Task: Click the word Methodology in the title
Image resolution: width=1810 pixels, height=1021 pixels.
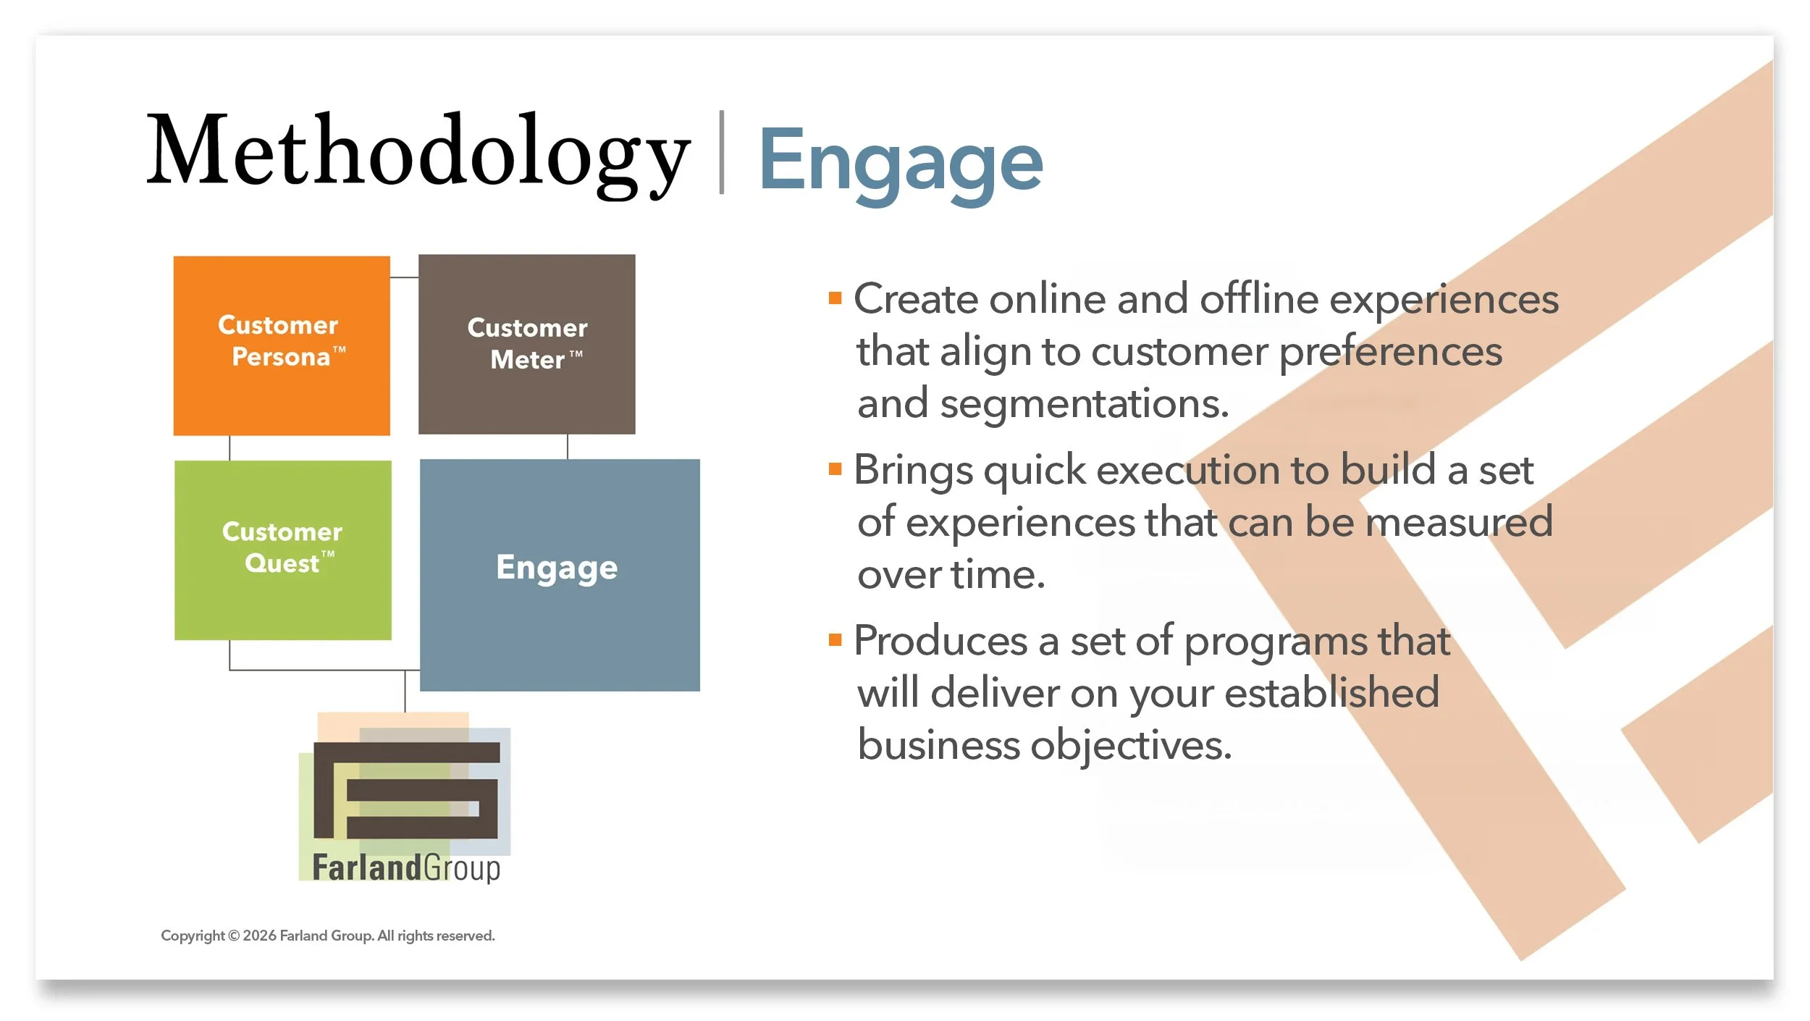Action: tap(418, 156)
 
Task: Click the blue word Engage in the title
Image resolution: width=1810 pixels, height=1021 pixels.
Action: tap(901, 165)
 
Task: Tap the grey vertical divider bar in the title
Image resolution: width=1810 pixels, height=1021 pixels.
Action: tap(721, 152)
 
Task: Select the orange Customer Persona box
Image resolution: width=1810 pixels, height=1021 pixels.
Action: tap(282, 345)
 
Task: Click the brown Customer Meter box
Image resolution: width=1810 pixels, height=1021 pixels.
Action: tap(527, 344)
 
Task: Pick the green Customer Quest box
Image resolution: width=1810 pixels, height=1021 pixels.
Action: tap(283, 550)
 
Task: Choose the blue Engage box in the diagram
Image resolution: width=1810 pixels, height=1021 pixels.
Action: tap(560, 575)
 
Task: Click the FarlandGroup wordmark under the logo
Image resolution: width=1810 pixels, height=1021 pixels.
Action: tap(406, 868)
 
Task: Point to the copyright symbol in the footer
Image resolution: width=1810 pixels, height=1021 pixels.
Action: tap(234, 936)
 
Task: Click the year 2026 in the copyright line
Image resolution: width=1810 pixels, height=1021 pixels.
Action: tap(260, 936)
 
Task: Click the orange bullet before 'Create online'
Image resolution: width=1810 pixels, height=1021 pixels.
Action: tap(835, 298)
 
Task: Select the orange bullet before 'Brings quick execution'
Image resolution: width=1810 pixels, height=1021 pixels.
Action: tap(835, 469)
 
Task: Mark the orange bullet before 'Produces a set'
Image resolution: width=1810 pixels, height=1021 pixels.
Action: tap(835, 639)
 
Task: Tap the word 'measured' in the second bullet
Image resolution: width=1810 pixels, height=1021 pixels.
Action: tap(1459, 521)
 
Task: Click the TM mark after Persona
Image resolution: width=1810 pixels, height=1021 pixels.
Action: tap(339, 350)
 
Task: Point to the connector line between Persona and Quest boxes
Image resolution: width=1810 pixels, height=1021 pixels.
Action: tap(230, 448)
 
